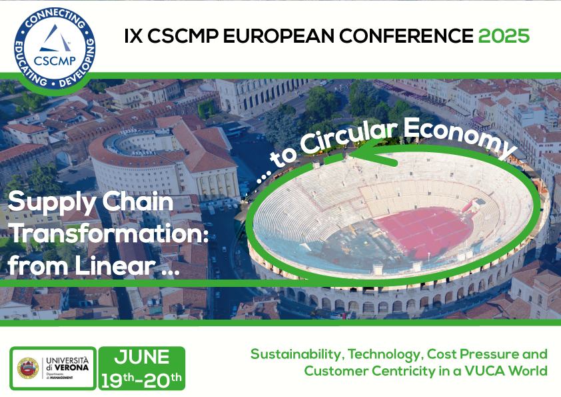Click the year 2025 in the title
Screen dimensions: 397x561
pos(504,35)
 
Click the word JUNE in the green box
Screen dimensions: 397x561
pos(142,357)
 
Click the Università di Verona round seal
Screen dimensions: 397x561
pos(28,368)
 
